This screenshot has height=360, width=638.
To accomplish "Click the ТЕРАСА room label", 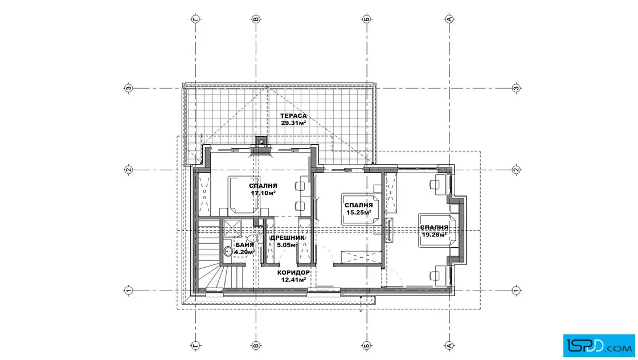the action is pyautogui.click(x=293, y=116).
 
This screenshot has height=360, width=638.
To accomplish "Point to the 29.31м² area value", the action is pyautogui.click(x=293, y=123).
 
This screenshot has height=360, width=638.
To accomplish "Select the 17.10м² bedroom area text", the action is pyautogui.click(x=263, y=193).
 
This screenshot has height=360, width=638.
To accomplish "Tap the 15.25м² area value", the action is pyautogui.click(x=358, y=212).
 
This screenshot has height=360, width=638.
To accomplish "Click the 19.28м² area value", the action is pyautogui.click(x=434, y=234).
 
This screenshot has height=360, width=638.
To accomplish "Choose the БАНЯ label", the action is pyautogui.click(x=244, y=245).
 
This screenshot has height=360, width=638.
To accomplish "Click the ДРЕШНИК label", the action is pyautogui.click(x=287, y=238).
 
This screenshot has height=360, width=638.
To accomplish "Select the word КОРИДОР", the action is pyautogui.click(x=293, y=272).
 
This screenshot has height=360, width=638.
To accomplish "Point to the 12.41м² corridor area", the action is pyautogui.click(x=293, y=280).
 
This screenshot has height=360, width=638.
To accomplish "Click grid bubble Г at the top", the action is pyautogui.click(x=196, y=19).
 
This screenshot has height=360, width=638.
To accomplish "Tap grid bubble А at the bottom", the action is pyautogui.click(x=449, y=345).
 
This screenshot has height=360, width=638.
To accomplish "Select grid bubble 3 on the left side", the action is pyautogui.click(x=129, y=88).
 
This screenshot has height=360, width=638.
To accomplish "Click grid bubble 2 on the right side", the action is pyautogui.click(x=516, y=170).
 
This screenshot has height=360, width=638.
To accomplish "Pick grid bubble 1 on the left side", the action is pyautogui.click(x=129, y=291).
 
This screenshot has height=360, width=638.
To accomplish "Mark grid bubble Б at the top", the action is pyautogui.click(x=367, y=19).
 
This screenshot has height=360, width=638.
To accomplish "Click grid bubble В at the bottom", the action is pyautogui.click(x=256, y=345).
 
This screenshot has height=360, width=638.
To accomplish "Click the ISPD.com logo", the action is pyautogui.click(x=599, y=346).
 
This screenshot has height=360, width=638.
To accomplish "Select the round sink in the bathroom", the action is pyautogui.click(x=228, y=251).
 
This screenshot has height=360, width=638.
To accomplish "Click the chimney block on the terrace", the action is pyautogui.click(x=261, y=141).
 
